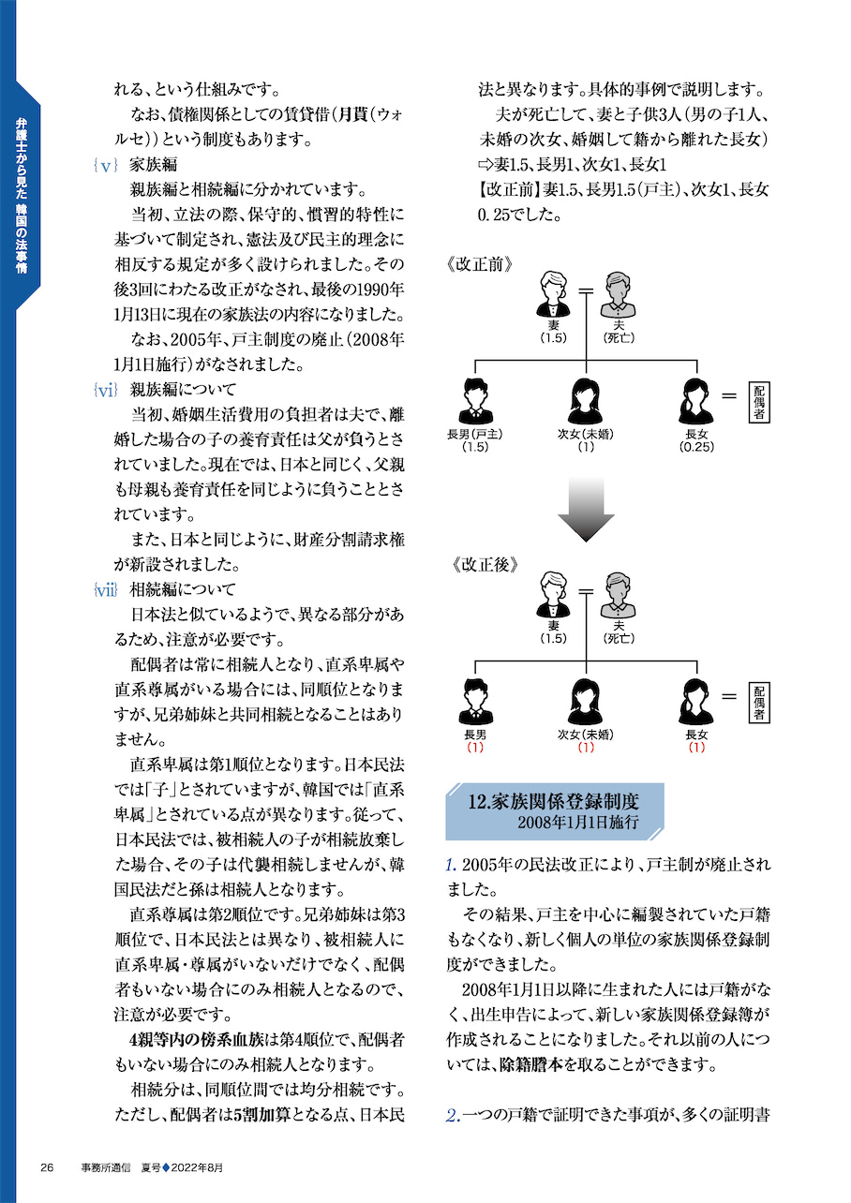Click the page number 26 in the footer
(x=48, y=1166)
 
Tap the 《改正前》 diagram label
(x=482, y=263)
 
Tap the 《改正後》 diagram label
(x=482, y=565)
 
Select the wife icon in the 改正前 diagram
(x=553, y=294)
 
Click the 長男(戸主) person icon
(x=476, y=401)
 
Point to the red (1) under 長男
(x=475, y=748)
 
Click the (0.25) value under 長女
(x=696, y=447)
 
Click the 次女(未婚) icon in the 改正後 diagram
(x=586, y=702)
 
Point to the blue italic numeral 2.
(x=453, y=1115)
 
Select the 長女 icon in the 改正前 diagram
(x=696, y=401)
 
